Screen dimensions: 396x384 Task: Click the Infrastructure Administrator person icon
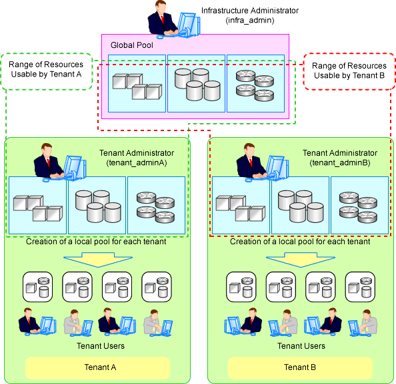click(x=174, y=20)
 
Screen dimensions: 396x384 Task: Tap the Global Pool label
click(x=131, y=45)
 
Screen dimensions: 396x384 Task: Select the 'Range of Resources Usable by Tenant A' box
click(x=46, y=71)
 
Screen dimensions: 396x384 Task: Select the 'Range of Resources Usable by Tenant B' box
click(x=349, y=71)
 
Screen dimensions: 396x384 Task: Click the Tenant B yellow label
click(x=300, y=367)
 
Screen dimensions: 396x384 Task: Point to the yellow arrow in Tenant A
click(x=98, y=260)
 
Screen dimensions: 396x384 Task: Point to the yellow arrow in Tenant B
click(x=301, y=260)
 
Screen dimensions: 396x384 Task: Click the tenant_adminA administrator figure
click(x=60, y=162)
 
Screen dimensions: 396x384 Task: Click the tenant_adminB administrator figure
click(x=263, y=162)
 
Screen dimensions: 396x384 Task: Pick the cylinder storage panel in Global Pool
click(x=196, y=83)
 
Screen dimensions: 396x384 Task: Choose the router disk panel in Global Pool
click(x=255, y=83)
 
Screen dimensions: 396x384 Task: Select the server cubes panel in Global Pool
click(x=137, y=83)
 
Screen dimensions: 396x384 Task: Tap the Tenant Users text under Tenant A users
click(x=101, y=346)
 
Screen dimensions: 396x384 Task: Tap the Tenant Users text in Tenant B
click(x=301, y=346)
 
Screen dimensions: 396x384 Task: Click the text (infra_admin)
click(x=250, y=20)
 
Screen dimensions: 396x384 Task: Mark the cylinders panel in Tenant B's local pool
click(x=300, y=205)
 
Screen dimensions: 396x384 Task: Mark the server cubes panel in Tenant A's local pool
click(x=37, y=205)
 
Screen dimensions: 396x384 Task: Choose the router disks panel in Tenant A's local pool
click(x=156, y=205)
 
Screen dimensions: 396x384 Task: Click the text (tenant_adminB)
click(x=340, y=163)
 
